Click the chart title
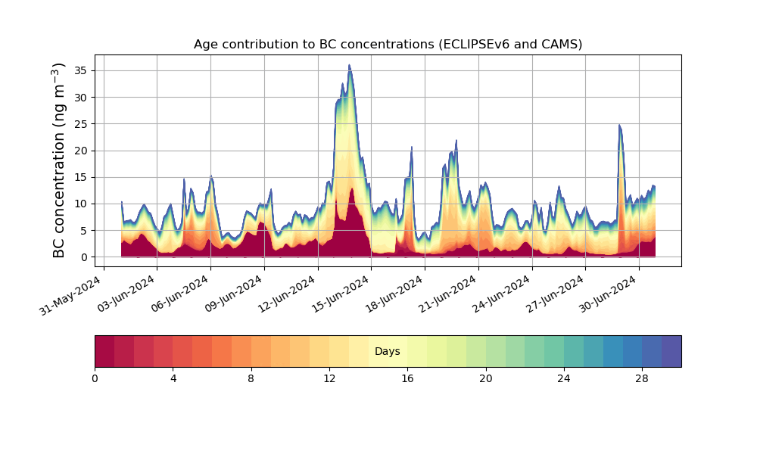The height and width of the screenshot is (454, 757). point(388,44)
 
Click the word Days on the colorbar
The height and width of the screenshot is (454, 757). point(388,351)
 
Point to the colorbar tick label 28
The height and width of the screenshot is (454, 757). point(642,378)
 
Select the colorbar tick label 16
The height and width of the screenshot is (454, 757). point(407,378)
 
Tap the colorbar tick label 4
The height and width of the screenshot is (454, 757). point(173,378)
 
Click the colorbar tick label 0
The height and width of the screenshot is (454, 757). point(95,378)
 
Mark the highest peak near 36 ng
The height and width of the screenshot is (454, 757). point(349,66)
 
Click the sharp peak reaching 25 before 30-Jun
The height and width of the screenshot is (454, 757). point(619,125)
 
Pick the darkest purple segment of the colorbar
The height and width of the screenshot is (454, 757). point(671,351)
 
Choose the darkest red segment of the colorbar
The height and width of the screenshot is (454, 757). point(104,351)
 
